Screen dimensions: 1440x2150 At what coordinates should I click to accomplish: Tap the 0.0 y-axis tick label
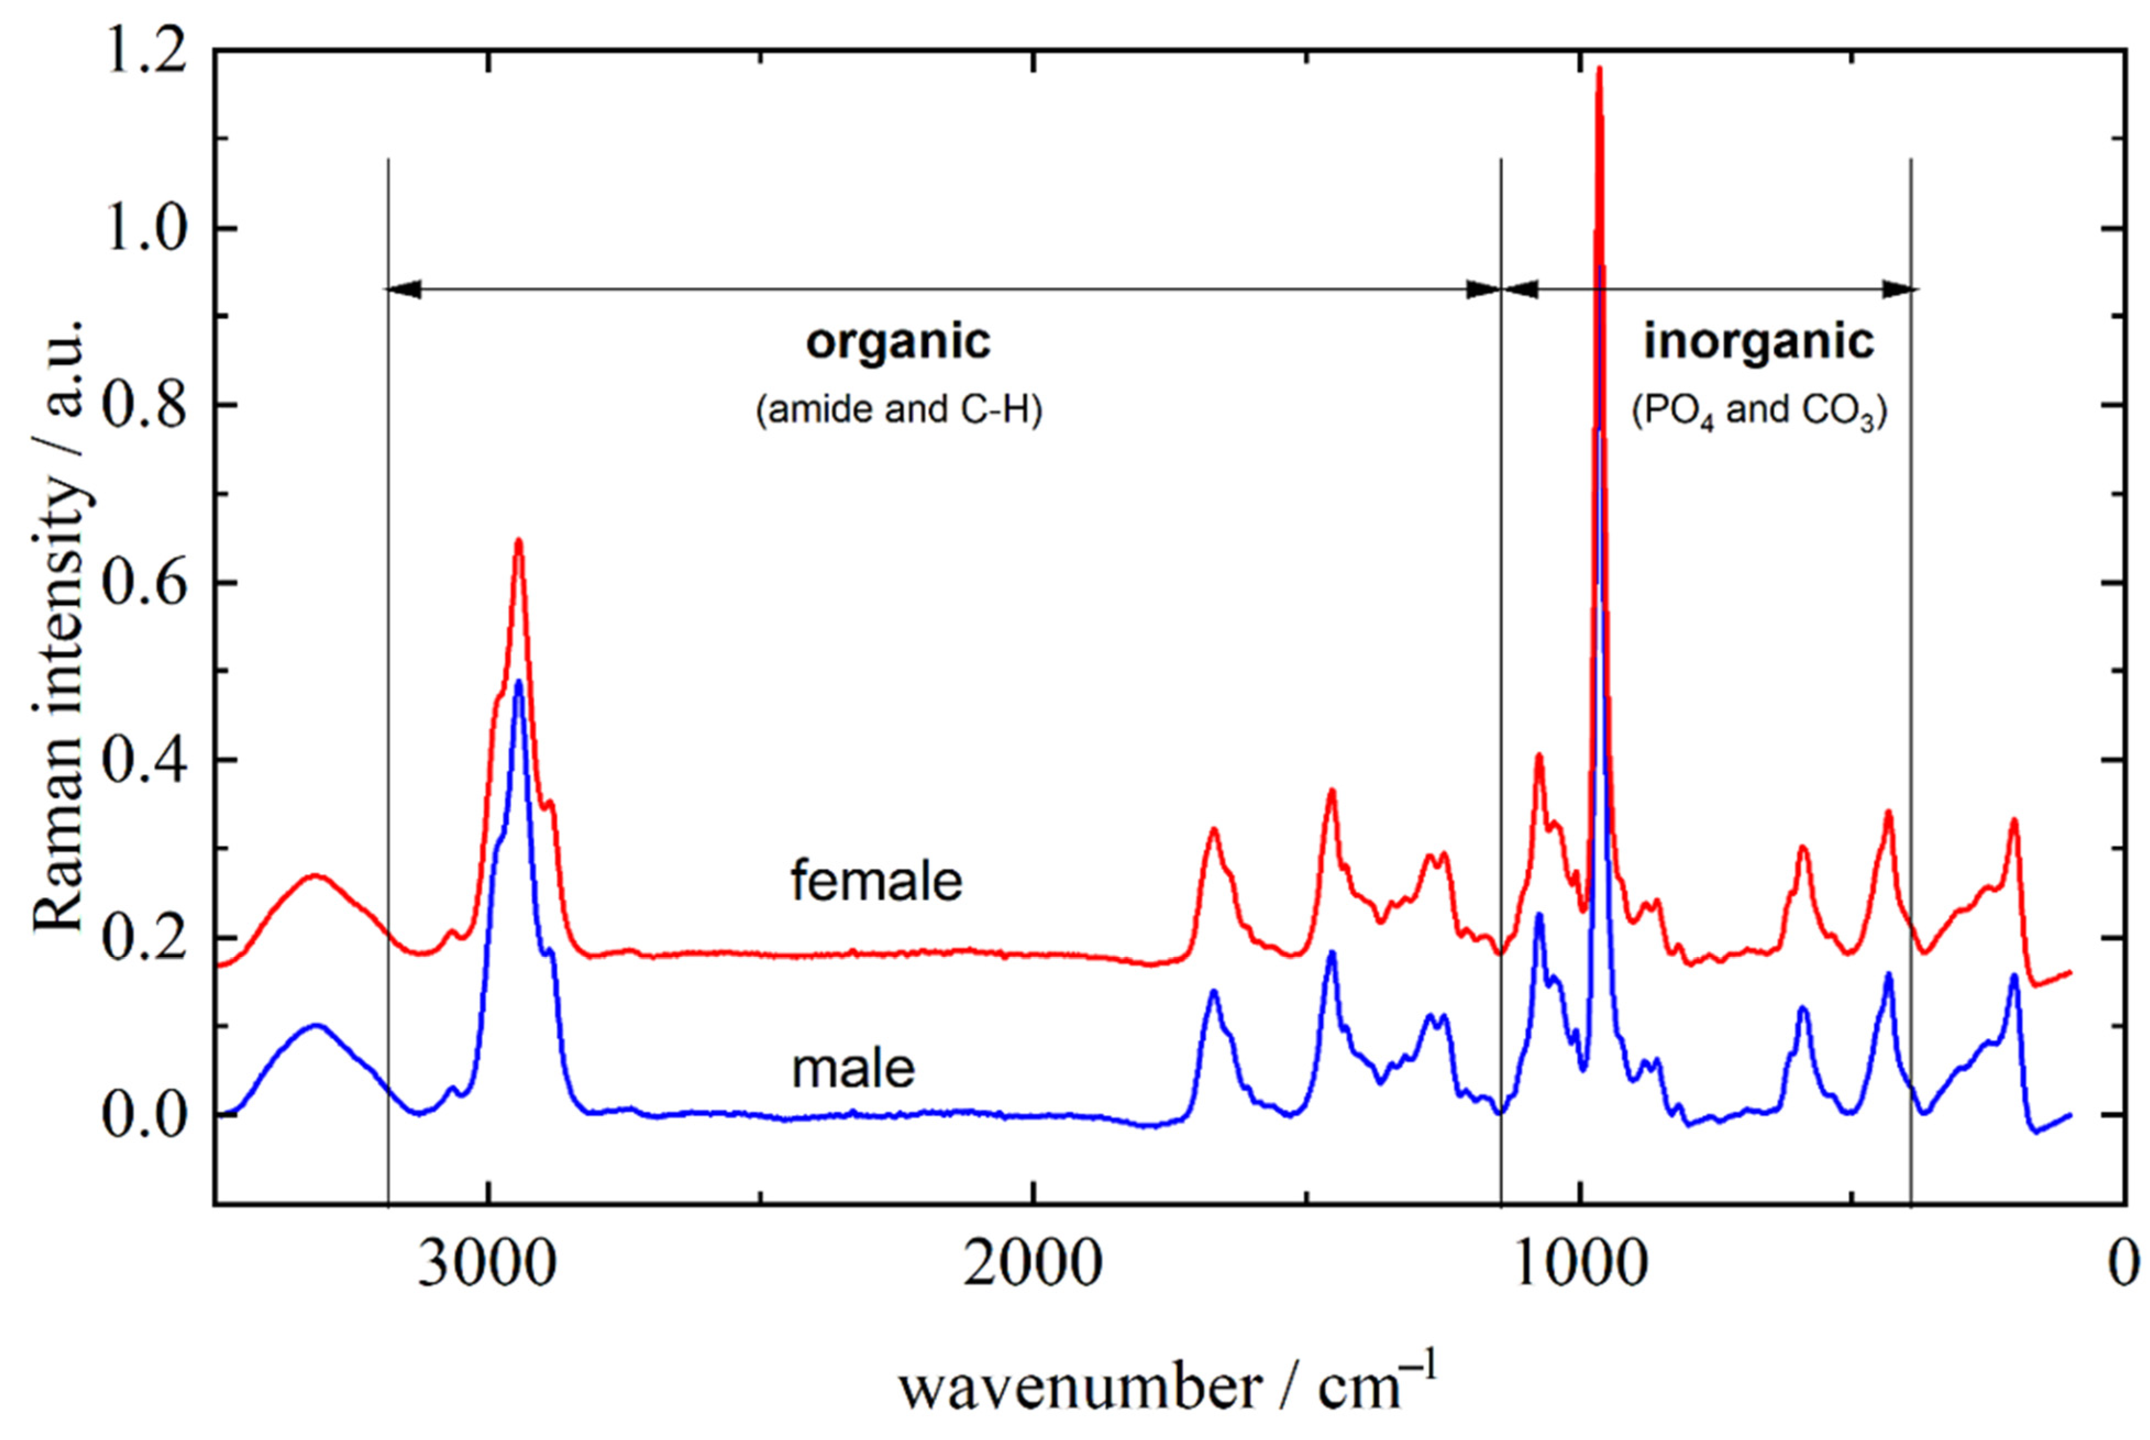click(x=142, y=1115)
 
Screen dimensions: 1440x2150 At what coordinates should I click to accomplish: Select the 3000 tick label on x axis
click(x=488, y=1266)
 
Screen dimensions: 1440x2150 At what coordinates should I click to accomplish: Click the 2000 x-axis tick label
click(x=1033, y=1266)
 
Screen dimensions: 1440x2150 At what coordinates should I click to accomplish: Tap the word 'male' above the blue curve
click(x=854, y=1068)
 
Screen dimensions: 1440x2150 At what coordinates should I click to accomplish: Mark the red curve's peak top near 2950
click(x=519, y=541)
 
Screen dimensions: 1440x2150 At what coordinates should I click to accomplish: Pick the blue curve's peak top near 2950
click(x=519, y=682)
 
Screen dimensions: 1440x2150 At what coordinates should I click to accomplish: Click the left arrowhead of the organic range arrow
click(x=402, y=289)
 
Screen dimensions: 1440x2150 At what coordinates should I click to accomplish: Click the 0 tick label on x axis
click(x=2124, y=1266)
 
